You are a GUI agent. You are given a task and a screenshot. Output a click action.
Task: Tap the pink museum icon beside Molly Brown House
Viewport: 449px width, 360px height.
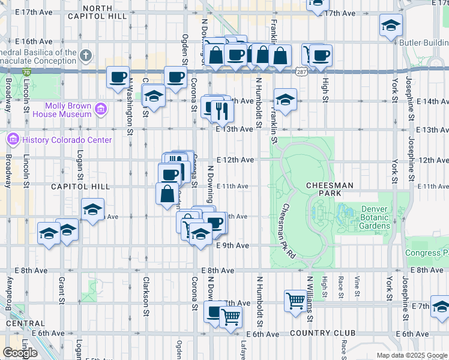coord(100,110)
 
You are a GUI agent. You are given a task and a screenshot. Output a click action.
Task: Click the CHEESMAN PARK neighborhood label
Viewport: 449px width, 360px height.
coord(330,190)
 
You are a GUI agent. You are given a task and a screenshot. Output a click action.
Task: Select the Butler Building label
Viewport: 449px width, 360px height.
coord(426,44)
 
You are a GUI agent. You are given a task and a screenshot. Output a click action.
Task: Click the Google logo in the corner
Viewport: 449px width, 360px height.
coord(20,352)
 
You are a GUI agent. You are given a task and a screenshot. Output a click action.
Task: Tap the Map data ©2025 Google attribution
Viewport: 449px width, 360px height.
coord(411,355)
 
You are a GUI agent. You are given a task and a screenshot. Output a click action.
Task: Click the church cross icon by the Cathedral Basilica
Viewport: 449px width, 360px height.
coord(86,56)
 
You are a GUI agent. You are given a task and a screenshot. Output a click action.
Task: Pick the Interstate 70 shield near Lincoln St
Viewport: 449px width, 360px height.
coord(26,72)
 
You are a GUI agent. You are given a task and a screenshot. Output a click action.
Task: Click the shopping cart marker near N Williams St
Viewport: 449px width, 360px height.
coord(295,299)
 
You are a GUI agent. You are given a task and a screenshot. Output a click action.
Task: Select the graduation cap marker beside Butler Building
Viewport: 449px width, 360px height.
coord(391,25)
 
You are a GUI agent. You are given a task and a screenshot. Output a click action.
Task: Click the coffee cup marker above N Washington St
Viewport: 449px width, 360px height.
coord(118,77)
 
